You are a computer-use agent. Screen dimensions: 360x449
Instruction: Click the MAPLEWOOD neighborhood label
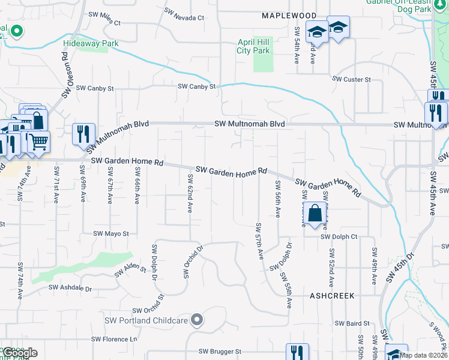289,15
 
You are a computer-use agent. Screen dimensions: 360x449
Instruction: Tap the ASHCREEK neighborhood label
332,296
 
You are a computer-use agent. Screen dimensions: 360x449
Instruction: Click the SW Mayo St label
111,233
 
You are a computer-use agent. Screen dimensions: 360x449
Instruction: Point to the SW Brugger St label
220,351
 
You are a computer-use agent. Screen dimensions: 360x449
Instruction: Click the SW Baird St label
348,323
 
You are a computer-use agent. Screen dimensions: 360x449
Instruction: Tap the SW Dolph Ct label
339,237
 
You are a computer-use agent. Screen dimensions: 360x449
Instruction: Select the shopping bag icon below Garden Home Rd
315,213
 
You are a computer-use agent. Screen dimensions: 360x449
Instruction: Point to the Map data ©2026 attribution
424,355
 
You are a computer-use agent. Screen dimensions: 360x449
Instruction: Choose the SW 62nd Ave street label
190,194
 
